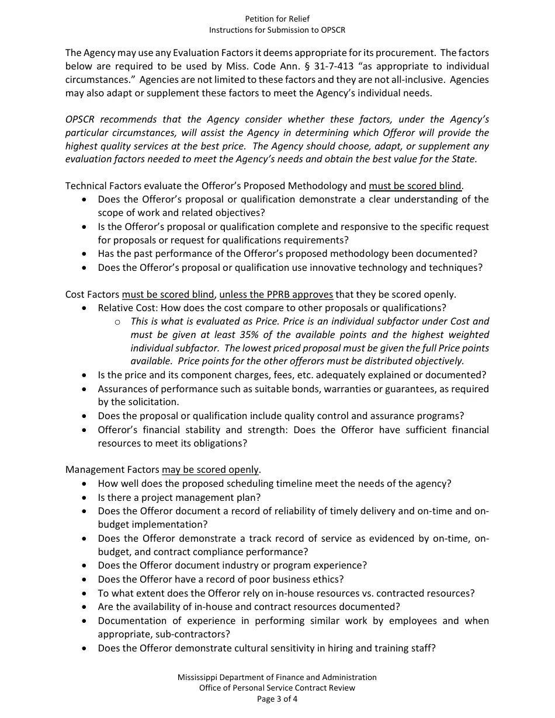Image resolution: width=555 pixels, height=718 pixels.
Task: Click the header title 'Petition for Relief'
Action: [277, 19]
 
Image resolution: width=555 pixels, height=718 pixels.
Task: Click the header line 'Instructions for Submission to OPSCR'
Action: [277, 30]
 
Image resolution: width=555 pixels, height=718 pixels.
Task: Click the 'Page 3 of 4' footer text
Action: [277, 699]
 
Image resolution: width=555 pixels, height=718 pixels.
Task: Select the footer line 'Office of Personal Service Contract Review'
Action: [277, 688]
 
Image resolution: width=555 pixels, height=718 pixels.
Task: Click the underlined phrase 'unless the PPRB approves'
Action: [276, 294]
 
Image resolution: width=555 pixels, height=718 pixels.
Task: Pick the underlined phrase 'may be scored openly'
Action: [210, 470]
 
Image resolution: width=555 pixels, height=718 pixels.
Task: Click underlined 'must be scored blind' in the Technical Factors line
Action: [415, 186]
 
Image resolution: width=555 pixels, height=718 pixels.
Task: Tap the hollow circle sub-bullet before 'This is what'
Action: [117, 322]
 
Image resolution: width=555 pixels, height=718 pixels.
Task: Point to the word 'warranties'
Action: [356, 389]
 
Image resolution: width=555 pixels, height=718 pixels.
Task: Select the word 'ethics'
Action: [328, 580]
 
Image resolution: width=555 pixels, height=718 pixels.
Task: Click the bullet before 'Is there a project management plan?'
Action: [85, 498]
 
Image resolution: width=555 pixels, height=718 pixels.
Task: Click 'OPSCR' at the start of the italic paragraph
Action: [82, 120]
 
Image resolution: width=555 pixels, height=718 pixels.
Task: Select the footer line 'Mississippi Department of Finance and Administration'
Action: [277, 677]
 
